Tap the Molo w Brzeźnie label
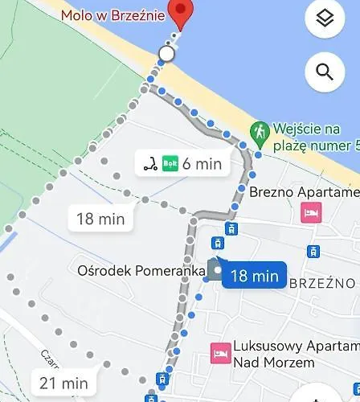click(x=113, y=15)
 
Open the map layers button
click(x=325, y=19)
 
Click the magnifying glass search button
click(x=325, y=72)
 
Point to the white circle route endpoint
click(x=166, y=54)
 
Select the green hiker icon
click(x=260, y=129)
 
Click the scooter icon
click(x=149, y=163)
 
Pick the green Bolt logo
click(x=170, y=163)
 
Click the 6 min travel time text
click(x=202, y=164)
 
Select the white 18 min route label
click(x=100, y=218)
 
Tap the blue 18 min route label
click(x=254, y=276)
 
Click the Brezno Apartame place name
click(x=305, y=192)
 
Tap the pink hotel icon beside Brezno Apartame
click(x=309, y=212)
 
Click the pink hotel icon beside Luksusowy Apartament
click(x=219, y=351)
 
